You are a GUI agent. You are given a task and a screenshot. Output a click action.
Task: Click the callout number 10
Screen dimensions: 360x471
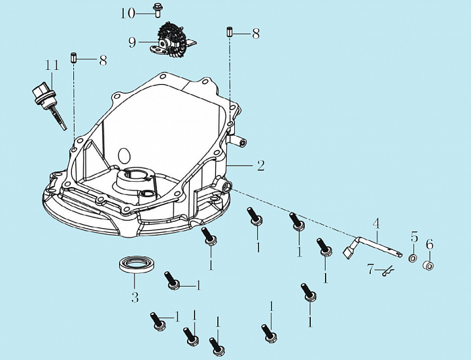(128, 13)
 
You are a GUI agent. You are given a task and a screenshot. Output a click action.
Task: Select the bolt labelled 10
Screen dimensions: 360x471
(157, 10)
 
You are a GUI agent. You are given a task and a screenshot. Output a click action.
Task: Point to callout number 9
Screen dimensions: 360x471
(133, 42)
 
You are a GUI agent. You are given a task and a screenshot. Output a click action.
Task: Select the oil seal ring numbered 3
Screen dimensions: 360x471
(137, 264)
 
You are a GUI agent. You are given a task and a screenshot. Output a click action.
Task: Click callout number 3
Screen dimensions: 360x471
(135, 297)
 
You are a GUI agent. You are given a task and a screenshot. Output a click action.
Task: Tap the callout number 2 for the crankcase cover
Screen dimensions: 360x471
(260, 166)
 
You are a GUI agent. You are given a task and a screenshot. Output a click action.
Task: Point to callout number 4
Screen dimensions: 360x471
(376, 223)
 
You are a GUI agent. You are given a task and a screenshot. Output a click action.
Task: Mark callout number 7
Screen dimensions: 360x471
(370, 269)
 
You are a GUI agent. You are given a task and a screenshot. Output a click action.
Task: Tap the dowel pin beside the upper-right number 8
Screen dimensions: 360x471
(229, 32)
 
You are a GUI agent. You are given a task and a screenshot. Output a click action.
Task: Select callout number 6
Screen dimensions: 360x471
(429, 244)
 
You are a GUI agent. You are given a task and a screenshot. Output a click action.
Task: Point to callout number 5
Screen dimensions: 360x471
(414, 237)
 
